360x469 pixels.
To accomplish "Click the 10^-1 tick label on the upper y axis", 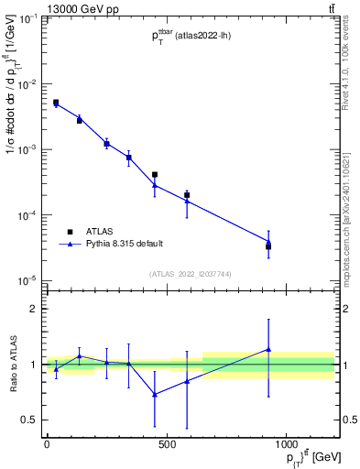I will (27, 19).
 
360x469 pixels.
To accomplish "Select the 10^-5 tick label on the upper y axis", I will (27, 280).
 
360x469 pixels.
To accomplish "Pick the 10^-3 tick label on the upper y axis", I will (27, 149).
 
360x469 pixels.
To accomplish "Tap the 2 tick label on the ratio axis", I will (33, 309).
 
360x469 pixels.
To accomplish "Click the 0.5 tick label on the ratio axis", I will (29, 420).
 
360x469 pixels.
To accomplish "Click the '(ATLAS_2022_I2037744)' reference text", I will (191, 274).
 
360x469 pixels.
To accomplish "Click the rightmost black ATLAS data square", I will (268, 246).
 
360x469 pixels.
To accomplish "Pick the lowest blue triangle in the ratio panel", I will (155, 395).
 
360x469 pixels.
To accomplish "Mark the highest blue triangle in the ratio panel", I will (268, 349).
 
